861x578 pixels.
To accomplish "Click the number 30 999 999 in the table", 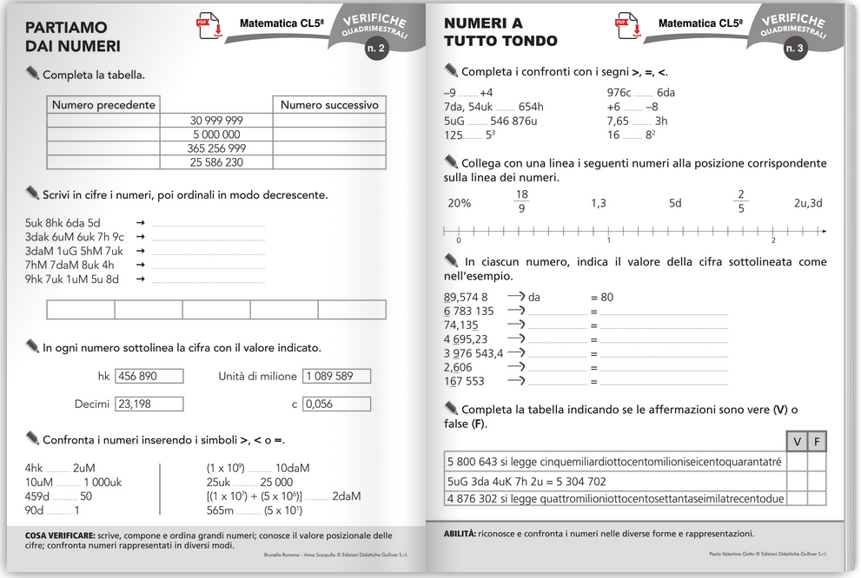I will coord(216,120).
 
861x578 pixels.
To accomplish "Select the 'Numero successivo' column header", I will coord(329,105).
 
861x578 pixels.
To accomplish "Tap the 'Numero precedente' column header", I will coord(103,105).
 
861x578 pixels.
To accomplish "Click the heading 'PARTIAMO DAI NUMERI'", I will coord(74,36).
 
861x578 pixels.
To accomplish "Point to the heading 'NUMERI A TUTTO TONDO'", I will coord(500,32).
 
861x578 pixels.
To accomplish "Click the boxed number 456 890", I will coord(149,377).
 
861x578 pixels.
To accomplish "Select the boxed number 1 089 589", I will coord(336,377).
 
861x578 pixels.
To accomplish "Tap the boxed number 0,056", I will coord(336,404).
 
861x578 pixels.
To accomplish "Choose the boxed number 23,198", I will coord(149,404).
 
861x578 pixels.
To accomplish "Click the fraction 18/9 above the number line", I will coord(521,202).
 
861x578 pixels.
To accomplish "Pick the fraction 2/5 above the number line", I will coord(740,202).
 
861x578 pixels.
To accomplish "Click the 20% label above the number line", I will coord(459,203).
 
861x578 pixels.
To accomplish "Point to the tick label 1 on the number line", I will coord(608,240).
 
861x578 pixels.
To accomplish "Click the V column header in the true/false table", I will coord(797,441).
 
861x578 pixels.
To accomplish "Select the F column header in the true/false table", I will coord(817,441).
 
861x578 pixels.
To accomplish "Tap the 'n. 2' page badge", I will coord(375,49).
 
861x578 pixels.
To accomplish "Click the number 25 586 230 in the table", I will coord(216,162).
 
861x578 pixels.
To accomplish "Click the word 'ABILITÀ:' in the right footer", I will coord(459,534).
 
